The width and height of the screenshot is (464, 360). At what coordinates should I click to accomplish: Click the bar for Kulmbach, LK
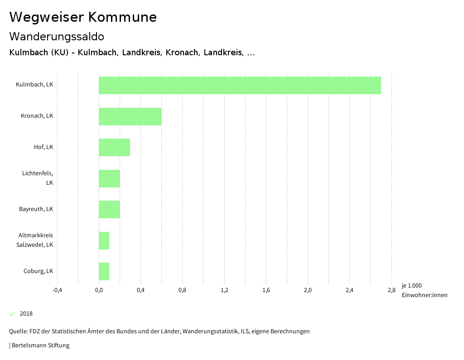click(x=240, y=85)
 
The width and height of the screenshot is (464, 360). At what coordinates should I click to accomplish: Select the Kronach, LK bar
click(x=130, y=116)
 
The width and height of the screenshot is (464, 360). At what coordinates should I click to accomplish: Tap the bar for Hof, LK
click(x=115, y=147)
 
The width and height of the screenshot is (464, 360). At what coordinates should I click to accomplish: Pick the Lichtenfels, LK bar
click(x=109, y=178)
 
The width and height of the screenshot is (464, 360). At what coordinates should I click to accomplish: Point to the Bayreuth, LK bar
click(x=109, y=209)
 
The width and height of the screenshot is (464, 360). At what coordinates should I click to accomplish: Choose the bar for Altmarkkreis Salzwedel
click(x=104, y=240)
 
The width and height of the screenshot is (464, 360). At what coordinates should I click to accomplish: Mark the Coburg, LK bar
click(x=104, y=271)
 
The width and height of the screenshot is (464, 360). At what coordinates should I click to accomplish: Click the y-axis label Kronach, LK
click(x=37, y=116)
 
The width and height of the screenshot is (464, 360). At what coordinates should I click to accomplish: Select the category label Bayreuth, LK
click(x=36, y=209)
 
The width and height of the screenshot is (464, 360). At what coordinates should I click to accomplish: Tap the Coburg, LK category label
click(x=38, y=271)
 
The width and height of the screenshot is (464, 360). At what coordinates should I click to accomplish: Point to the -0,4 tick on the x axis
click(x=57, y=290)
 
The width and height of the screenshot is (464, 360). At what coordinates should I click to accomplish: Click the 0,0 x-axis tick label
click(x=99, y=290)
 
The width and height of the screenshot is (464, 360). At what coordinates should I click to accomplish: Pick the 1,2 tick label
click(x=224, y=290)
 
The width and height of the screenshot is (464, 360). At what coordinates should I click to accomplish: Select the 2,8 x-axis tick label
click(x=391, y=290)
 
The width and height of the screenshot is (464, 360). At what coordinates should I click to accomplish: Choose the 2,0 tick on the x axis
click(x=308, y=290)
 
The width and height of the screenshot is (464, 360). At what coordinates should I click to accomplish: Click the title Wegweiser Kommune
click(x=83, y=17)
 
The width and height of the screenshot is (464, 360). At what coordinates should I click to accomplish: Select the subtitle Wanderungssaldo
click(x=57, y=36)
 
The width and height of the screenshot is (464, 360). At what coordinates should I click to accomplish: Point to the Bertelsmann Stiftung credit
click(x=40, y=346)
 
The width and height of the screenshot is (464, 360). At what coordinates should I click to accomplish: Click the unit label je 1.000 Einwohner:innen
click(x=424, y=290)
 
